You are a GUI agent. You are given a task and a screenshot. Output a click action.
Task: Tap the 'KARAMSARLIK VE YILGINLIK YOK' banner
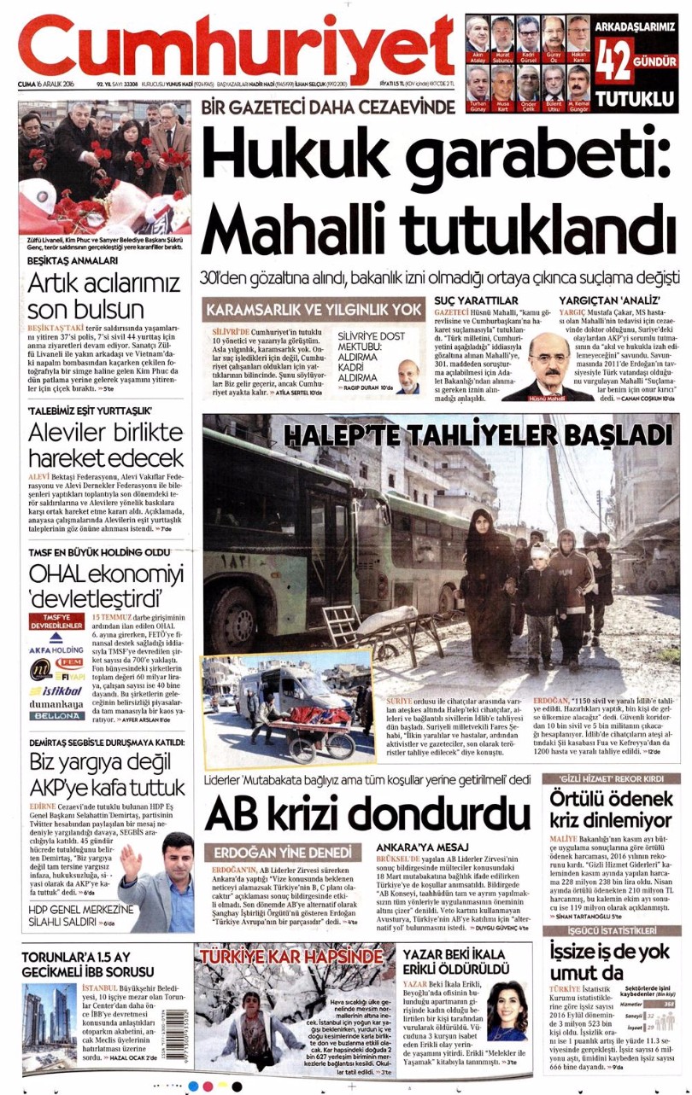pos(313,309)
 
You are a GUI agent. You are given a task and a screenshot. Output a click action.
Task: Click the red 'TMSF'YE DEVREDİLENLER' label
pos(56,620)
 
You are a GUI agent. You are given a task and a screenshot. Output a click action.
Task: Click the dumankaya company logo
pos(56,705)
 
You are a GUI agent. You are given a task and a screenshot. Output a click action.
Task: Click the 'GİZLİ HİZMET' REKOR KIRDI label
pos(612,779)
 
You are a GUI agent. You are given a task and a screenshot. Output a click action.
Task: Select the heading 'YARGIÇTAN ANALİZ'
pos(600,301)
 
